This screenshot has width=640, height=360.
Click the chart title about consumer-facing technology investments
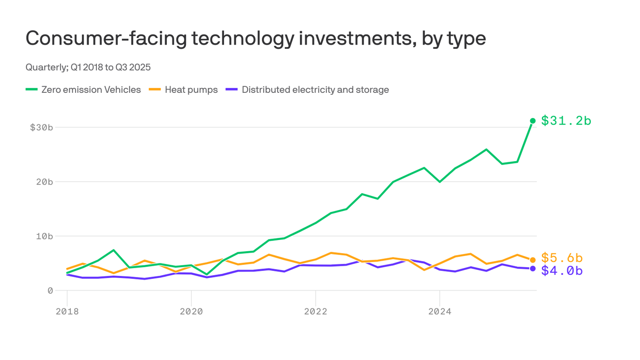(255, 38)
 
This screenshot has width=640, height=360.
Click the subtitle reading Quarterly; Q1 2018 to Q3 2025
(88, 67)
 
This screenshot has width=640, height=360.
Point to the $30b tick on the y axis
(41, 127)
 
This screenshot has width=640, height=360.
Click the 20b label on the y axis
(44, 182)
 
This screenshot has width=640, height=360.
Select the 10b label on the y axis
(44, 236)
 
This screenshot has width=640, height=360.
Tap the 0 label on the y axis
(50, 291)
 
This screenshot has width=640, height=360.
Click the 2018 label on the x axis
(67, 311)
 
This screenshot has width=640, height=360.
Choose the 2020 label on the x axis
(191, 311)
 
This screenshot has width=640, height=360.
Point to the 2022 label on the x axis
(315, 311)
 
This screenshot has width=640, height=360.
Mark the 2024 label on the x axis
(439, 311)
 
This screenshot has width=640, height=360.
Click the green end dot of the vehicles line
(533, 121)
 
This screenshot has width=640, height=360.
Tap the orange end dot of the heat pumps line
(533, 260)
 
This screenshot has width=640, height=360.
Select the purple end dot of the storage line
(533, 269)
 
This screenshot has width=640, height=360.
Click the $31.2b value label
(566, 121)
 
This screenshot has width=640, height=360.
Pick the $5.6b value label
(562, 258)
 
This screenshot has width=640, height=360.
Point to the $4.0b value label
(562, 271)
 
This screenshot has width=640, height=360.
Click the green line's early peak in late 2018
(113, 250)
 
